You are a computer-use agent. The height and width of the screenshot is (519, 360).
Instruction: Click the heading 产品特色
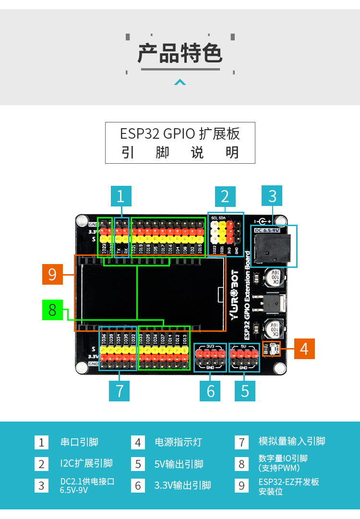[x=180, y=53]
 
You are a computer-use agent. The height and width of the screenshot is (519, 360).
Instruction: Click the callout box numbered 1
[x=120, y=196]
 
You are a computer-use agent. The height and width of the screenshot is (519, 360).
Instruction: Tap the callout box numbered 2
[x=225, y=196]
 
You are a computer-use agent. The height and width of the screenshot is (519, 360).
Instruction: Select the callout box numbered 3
[x=272, y=196]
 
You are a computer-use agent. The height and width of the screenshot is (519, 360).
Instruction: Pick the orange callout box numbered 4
[x=304, y=349]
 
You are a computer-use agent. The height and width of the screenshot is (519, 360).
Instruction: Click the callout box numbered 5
[x=245, y=391]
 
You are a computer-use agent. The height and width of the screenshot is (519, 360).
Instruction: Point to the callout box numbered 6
[x=210, y=391]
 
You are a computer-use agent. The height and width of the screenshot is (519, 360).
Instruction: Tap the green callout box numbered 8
[x=52, y=310]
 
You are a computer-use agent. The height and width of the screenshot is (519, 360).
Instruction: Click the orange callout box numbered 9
[x=52, y=274]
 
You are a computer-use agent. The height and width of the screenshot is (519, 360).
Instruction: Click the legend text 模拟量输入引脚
[x=292, y=441]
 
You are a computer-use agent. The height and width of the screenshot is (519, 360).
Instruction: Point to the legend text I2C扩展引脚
[x=86, y=463]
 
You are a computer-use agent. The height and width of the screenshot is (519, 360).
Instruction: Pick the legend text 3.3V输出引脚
[x=182, y=485]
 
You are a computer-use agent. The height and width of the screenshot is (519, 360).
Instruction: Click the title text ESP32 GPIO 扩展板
[x=180, y=133]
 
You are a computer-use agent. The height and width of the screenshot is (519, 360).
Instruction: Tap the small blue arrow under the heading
[x=180, y=82]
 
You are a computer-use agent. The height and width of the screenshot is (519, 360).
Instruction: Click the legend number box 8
[x=241, y=464]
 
